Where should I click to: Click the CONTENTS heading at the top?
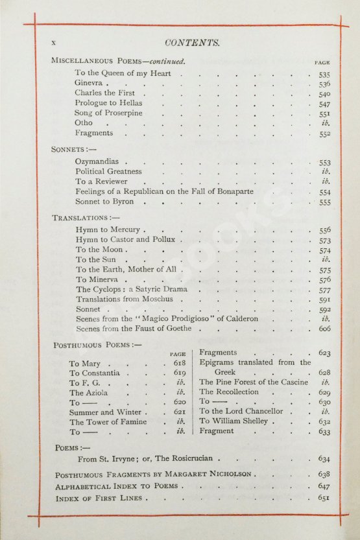point(193,43)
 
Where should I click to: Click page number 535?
point(324,75)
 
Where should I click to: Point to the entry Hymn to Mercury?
point(108,230)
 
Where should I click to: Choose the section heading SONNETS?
point(72,148)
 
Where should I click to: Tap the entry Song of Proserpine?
point(106,113)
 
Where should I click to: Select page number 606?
point(324,329)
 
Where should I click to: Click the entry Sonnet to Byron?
point(104,202)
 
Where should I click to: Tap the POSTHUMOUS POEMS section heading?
point(97,346)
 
